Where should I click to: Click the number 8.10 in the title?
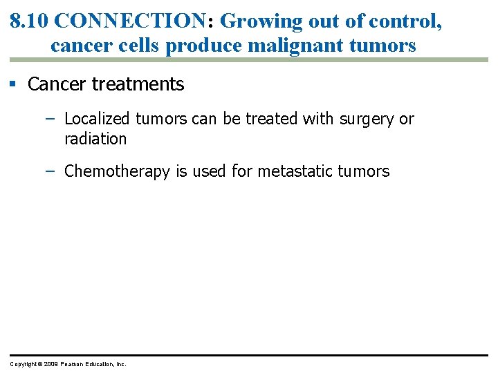[x=29, y=21]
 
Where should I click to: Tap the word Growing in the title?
[x=255, y=21]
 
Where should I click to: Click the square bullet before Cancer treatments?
[x=12, y=84]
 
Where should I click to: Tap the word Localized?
[x=97, y=119]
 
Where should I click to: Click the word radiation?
[x=95, y=138]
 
